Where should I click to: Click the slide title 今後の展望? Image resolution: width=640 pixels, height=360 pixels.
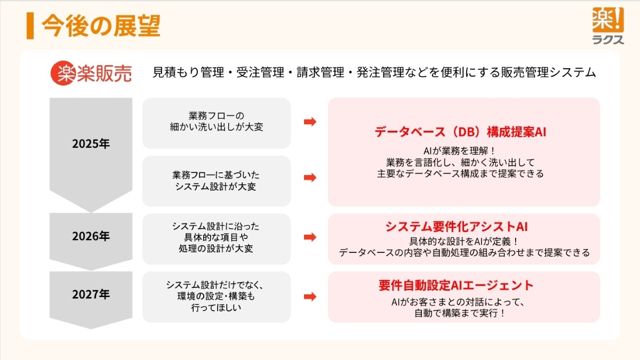tap(101, 26)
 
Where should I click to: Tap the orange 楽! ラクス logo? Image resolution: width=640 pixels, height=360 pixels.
tap(607, 25)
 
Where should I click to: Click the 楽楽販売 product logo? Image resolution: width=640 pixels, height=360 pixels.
tap(91, 73)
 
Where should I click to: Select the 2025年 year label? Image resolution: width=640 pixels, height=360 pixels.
tap(91, 144)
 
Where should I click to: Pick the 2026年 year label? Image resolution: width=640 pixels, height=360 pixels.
tap(91, 236)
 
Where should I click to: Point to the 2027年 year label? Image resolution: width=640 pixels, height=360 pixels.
tap(91, 294)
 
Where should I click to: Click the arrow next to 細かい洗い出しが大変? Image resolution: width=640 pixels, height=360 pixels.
tap(310, 122)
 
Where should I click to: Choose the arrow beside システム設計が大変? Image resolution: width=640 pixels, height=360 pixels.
tap(310, 178)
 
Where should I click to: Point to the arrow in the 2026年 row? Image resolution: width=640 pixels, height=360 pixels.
tap(310, 236)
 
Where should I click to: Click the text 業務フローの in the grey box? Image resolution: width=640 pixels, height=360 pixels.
tap(216, 116)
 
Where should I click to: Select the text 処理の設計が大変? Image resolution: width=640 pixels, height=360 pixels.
tap(216, 248)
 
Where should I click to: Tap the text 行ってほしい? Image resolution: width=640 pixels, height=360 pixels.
tap(216, 307)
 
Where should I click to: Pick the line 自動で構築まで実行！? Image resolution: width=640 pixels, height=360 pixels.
tap(459, 314)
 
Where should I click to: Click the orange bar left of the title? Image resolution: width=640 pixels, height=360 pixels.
tap(30, 26)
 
